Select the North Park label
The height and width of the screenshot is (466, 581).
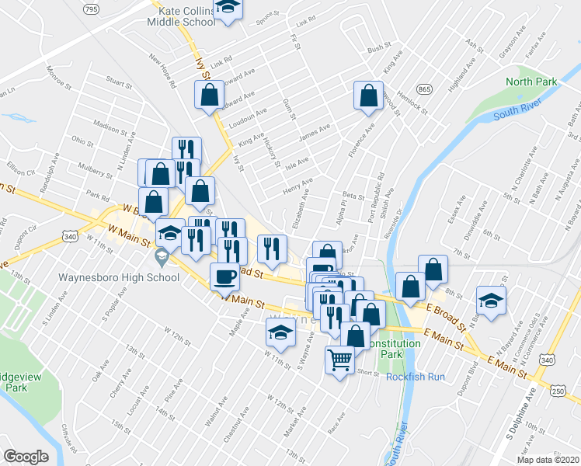coord(531,82)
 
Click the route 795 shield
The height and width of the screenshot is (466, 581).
coord(92,9)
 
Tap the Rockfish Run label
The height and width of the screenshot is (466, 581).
coord(415,377)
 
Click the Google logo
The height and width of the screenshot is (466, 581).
coord(26,457)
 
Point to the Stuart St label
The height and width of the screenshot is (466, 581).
coord(119,80)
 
